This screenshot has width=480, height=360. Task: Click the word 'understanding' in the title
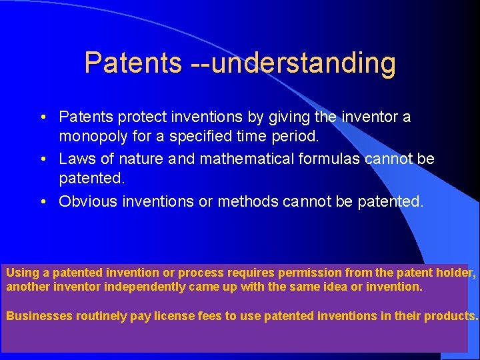click(x=303, y=63)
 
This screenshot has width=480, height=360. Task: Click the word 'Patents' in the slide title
click(x=133, y=63)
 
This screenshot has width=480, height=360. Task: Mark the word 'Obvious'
click(x=84, y=201)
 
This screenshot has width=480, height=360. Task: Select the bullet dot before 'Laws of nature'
click(x=42, y=160)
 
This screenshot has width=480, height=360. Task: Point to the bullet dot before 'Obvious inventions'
click(x=42, y=202)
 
